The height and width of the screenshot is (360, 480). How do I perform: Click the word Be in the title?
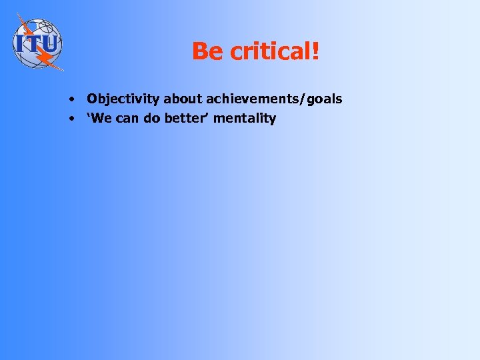[x=206, y=51]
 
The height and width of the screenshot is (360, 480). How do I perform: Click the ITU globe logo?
[x=37, y=43]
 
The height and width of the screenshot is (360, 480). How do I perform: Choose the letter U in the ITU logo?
[x=52, y=44]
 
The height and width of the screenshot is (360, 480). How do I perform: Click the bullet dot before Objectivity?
[x=70, y=100]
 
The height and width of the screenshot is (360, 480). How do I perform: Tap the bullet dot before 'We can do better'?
[x=70, y=119]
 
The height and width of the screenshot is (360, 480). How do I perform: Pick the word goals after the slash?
[x=325, y=99]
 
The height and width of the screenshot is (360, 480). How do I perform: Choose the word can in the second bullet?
[x=128, y=119]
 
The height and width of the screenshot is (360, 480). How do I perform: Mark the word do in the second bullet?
[x=152, y=119]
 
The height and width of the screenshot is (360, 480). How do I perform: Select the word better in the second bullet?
[x=186, y=119]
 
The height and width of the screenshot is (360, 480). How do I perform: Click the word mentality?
[x=245, y=119]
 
